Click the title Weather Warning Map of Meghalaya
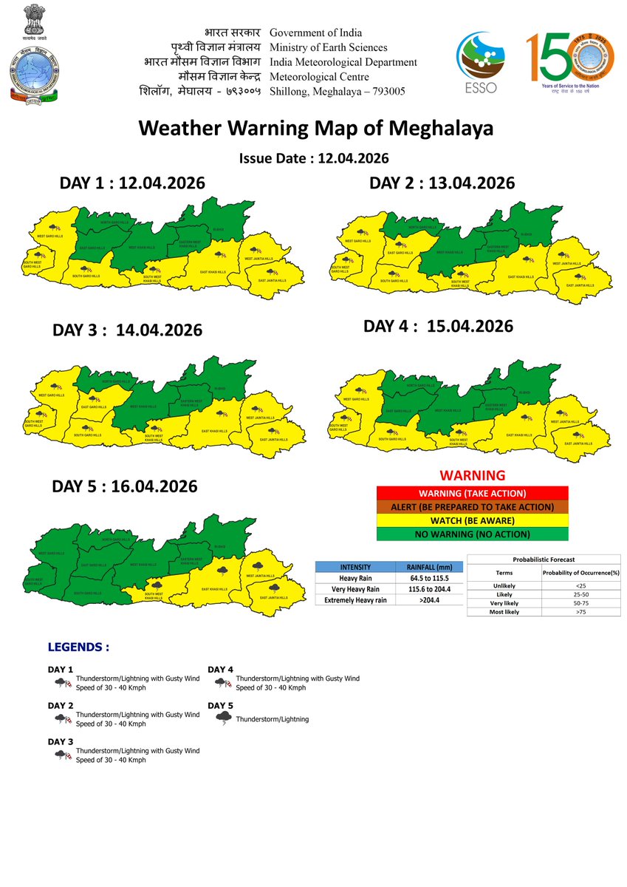click(315, 129)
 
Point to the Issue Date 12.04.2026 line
click(314, 158)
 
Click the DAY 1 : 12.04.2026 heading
click(132, 183)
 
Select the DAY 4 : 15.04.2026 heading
click(438, 326)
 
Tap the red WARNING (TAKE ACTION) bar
click(472, 493)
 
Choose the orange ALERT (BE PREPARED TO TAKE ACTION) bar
click(472, 507)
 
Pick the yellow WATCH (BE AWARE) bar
click(472, 520)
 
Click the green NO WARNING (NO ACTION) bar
click(472, 534)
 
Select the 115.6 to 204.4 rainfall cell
click(428, 589)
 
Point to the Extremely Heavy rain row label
click(351, 601)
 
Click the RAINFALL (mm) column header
click(428, 567)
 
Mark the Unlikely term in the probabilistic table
click(505, 585)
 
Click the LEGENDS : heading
click(78, 647)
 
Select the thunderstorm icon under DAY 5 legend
click(222, 718)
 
